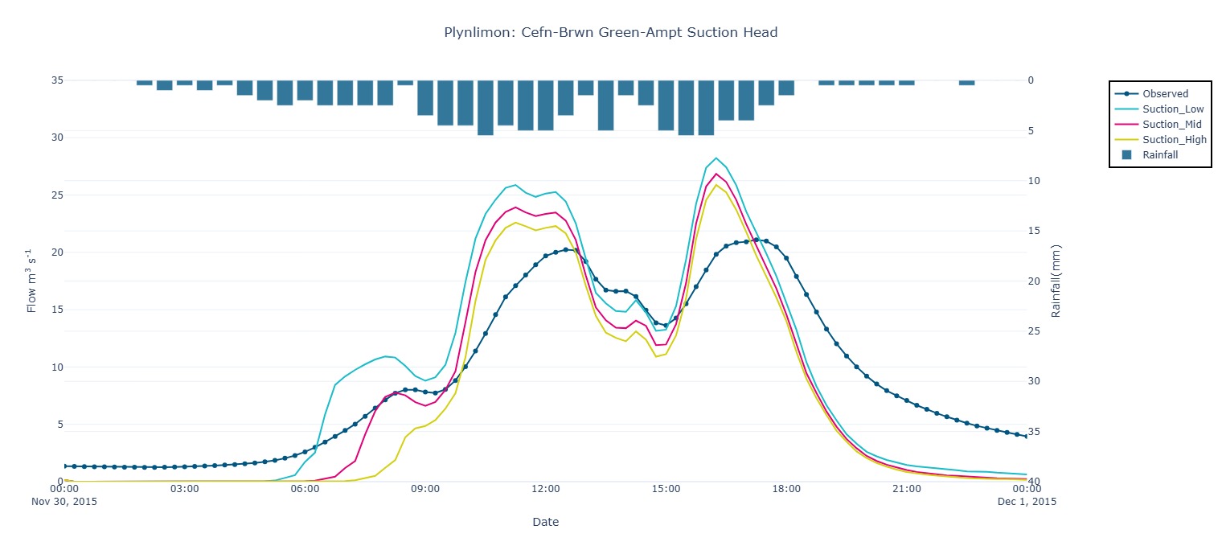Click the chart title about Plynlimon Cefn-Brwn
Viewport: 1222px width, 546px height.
(x=610, y=33)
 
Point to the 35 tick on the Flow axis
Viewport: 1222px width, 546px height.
(x=57, y=80)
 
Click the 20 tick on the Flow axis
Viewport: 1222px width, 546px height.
(x=57, y=252)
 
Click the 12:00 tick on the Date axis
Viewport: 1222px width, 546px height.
(x=546, y=489)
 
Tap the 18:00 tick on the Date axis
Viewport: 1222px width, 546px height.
(x=786, y=489)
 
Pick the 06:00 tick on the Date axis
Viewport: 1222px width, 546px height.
(x=305, y=489)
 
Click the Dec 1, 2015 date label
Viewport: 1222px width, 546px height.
(x=1027, y=502)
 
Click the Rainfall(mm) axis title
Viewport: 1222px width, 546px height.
(x=1056, y=281)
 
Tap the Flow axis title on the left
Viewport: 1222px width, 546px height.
(x=32, y=281)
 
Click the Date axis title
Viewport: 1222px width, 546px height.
(x=545, y=522)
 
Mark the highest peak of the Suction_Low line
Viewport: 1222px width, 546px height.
(x=716, y=158)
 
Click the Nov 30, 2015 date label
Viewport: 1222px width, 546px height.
(x=64, y=502)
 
